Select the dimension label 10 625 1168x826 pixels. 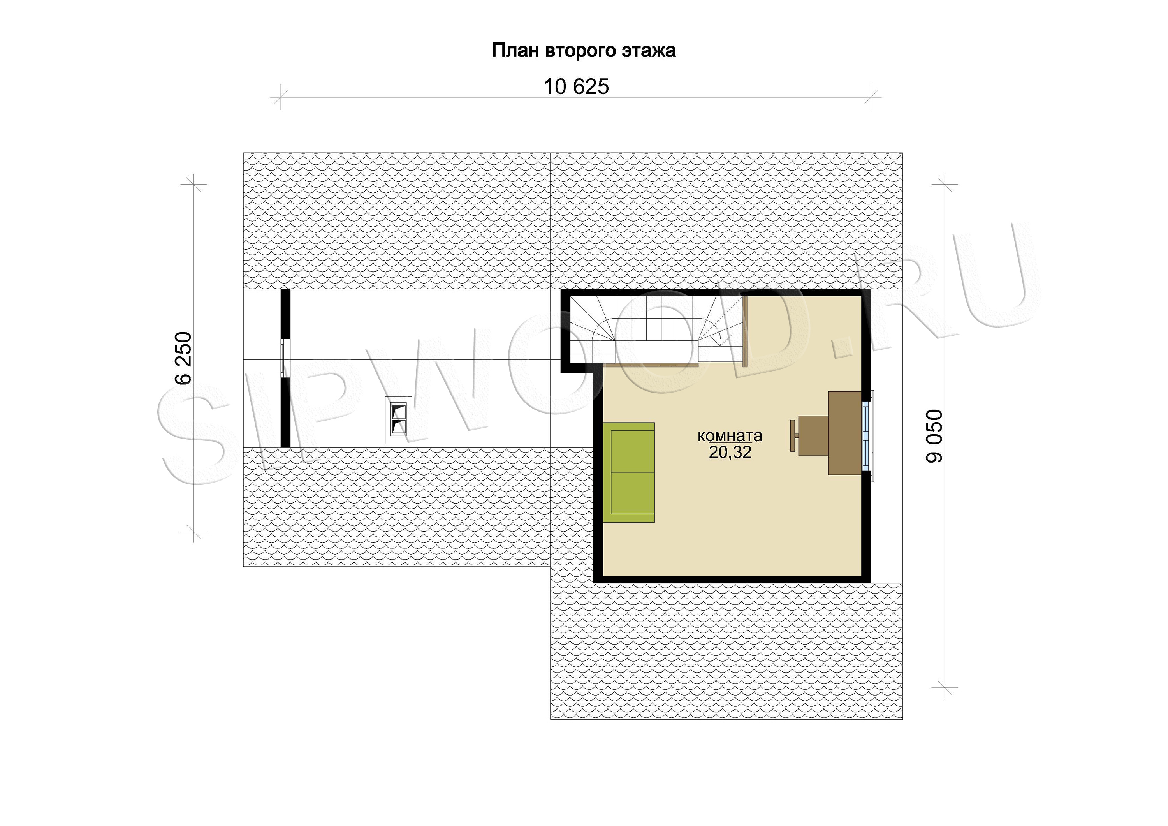click(576, 87)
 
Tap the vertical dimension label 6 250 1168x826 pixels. click(184, 358)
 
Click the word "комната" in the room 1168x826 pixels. click(730, 436)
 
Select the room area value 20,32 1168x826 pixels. click(730, 452)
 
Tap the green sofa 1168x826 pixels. click(629, 472)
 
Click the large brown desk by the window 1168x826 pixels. click(844, 433)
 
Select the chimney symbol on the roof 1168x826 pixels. click(398, 420)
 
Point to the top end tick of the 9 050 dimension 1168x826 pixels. click(945, 184)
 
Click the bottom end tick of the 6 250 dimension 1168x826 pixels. click(193, 533)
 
